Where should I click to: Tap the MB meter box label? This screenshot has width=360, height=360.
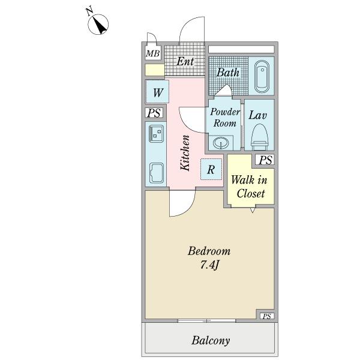click(152, 55)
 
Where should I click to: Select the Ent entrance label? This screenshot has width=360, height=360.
click(185, 61)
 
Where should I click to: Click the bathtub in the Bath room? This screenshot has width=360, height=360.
click(262, 77)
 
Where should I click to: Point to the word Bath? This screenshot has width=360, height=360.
click(228, 73)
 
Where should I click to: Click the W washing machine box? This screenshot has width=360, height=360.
click(158, 93)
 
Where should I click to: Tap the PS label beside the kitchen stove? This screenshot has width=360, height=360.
click(154, 113)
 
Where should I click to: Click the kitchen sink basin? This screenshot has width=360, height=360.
click(157, 173)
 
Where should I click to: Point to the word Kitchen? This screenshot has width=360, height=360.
click(186, 154)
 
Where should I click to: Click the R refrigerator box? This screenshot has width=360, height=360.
click(211, 170)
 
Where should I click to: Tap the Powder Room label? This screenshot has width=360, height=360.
click(225, 117)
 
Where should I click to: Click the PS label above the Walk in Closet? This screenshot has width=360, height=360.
click(266, 160)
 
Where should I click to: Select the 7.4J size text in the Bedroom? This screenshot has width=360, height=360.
click(209, 265)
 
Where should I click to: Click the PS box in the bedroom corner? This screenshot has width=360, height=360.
click(266, 316)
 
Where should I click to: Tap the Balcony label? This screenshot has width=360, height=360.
click(211, 341)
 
